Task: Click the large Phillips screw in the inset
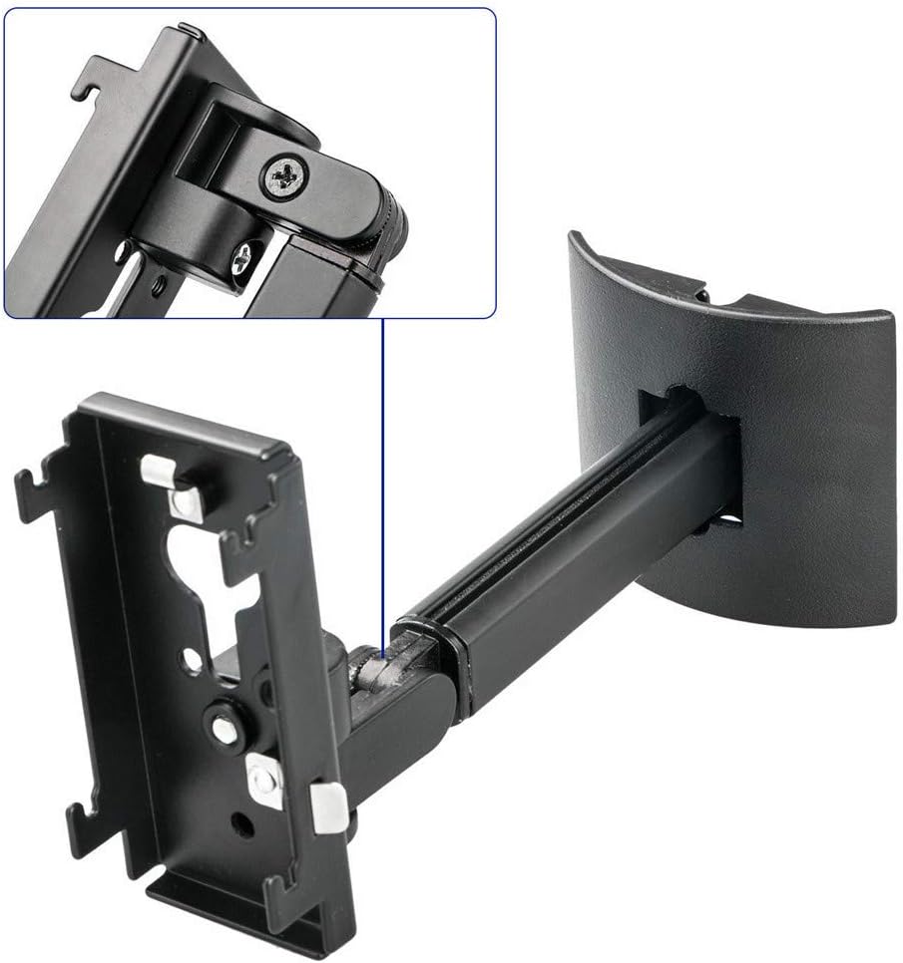pyautogui.click(x=284, y=177)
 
